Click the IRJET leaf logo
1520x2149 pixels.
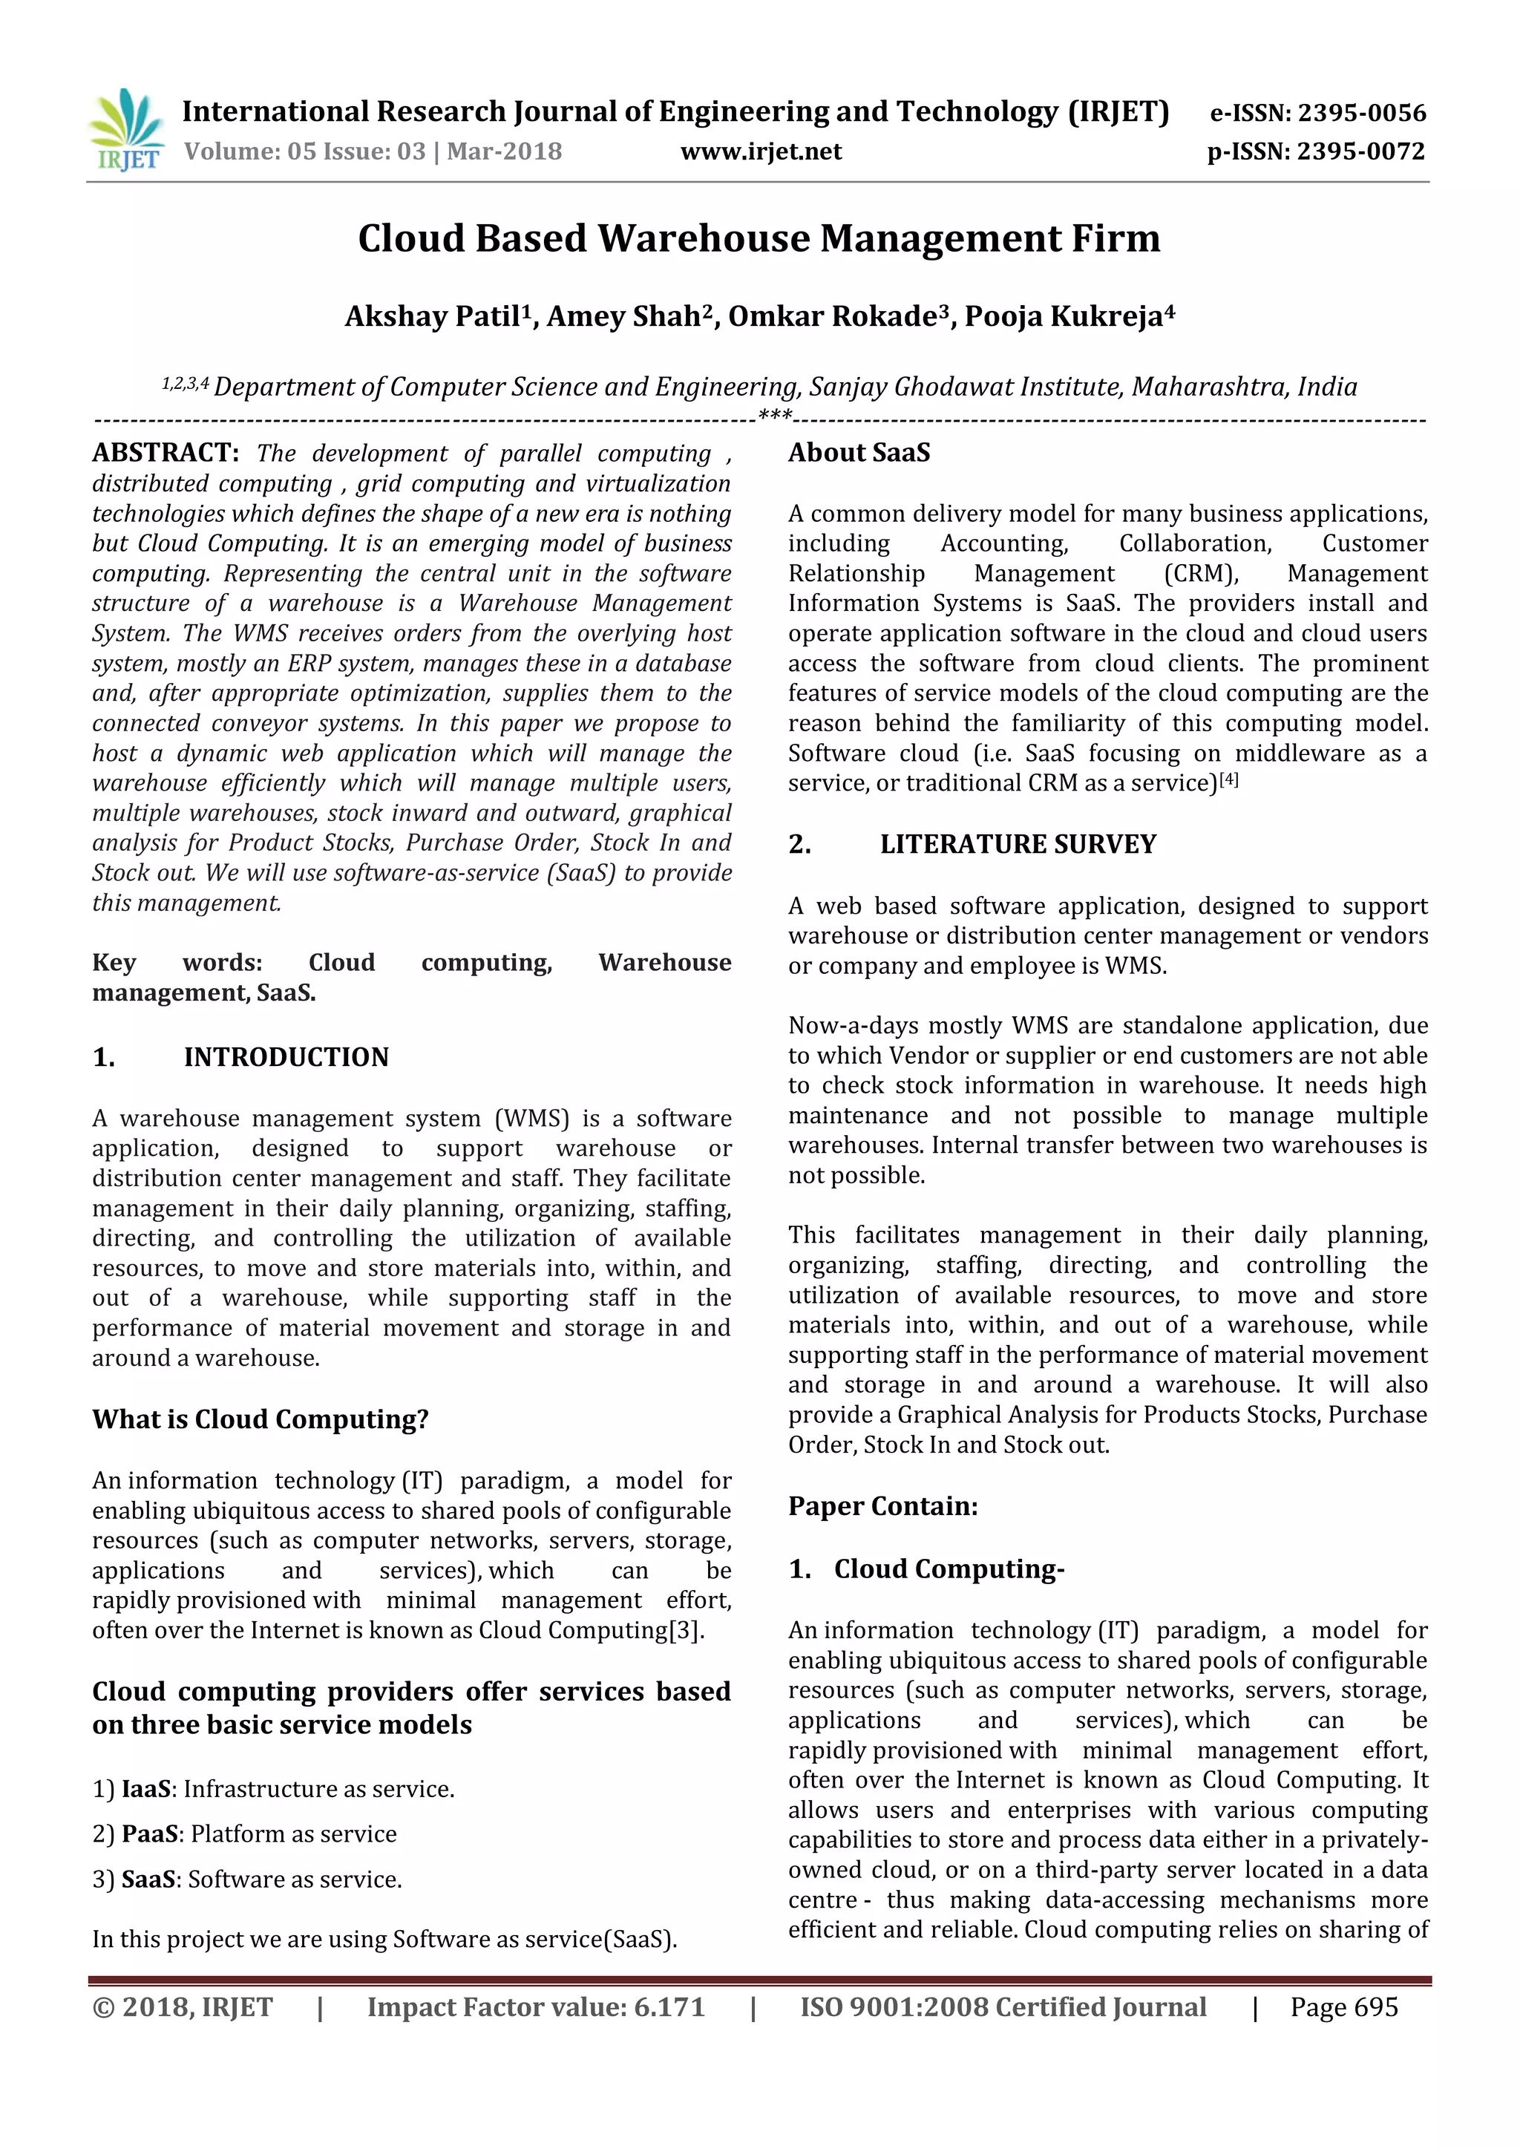(x=125, y=128)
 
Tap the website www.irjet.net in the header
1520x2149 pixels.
(x=760, y=151)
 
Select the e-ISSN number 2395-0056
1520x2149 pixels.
(x=1362, y=114)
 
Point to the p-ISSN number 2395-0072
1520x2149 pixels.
(x=1361, y=151)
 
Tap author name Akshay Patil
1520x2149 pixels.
(x=431, y=316)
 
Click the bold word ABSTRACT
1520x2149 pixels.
(x=165, y=453)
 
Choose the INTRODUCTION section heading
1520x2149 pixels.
(x=286, y=1057)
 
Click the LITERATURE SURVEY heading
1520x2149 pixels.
(x=1018, y=844)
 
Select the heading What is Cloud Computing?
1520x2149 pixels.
(x=261, y=1419)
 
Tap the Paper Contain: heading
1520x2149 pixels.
(x=882, y=1506)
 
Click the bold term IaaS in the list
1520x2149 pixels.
(x=146, y=1789)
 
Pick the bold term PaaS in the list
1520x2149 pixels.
(x=150, y=1834)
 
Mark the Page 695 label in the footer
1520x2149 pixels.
(x=1343, y=2006)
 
